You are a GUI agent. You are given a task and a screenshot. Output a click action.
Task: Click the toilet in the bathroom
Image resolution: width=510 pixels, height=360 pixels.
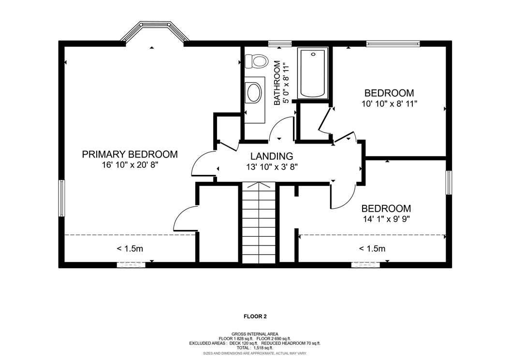[x=256, y=61]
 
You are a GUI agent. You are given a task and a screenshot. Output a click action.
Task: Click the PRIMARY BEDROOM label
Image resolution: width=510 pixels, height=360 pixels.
[x=130, y=154]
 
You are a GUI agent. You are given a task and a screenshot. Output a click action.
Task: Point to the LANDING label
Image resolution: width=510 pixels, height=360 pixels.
[x=272, y=157]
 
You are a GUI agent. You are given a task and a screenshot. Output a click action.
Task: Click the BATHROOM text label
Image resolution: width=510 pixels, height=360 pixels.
[x=277, y=83]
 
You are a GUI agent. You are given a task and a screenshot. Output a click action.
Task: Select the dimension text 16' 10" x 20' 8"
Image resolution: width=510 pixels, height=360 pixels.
[x=130, y=165]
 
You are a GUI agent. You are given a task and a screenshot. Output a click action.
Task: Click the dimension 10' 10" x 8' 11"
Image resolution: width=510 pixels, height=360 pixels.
[x=389, y=104]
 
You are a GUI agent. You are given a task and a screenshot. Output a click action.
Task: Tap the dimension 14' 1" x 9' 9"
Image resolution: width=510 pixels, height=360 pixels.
[x=386, y=219]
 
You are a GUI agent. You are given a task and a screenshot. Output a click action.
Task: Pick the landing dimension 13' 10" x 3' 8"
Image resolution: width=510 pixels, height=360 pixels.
[x=272, y=167]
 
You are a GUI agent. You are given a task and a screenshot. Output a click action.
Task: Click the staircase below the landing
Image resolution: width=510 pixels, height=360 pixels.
[x=259, y=223]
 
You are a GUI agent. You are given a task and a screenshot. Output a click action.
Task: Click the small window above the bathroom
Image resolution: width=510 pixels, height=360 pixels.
[x=280, y=43]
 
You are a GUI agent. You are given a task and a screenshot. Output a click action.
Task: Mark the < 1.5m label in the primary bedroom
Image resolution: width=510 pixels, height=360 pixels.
[x=130, y=249]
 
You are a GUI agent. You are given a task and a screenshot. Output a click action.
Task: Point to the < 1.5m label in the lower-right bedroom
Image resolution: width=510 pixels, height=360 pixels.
[x=372, y=249]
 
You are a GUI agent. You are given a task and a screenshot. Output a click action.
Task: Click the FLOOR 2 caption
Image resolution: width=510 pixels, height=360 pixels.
[x=255, y=316]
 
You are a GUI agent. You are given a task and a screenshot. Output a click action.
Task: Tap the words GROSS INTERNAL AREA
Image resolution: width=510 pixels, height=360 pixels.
[x=255, y=334]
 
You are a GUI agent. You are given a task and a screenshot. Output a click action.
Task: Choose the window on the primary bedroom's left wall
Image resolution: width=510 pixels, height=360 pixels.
[x=62, y=198]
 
